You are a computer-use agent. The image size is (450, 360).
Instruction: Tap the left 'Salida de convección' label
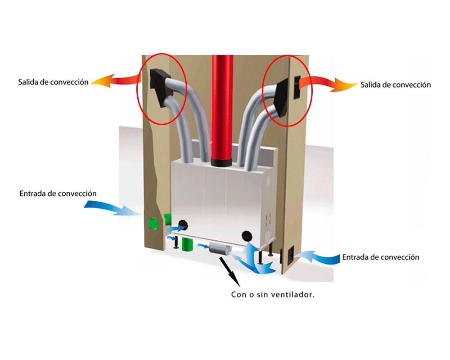pos(53,83)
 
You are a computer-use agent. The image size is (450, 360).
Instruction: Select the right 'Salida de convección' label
pos(396,85)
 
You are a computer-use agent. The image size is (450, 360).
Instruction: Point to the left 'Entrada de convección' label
pos(58,193)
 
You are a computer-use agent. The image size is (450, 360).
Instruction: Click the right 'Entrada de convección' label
pos(381,257)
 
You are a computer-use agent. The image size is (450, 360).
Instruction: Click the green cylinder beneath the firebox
pos(187,245)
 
